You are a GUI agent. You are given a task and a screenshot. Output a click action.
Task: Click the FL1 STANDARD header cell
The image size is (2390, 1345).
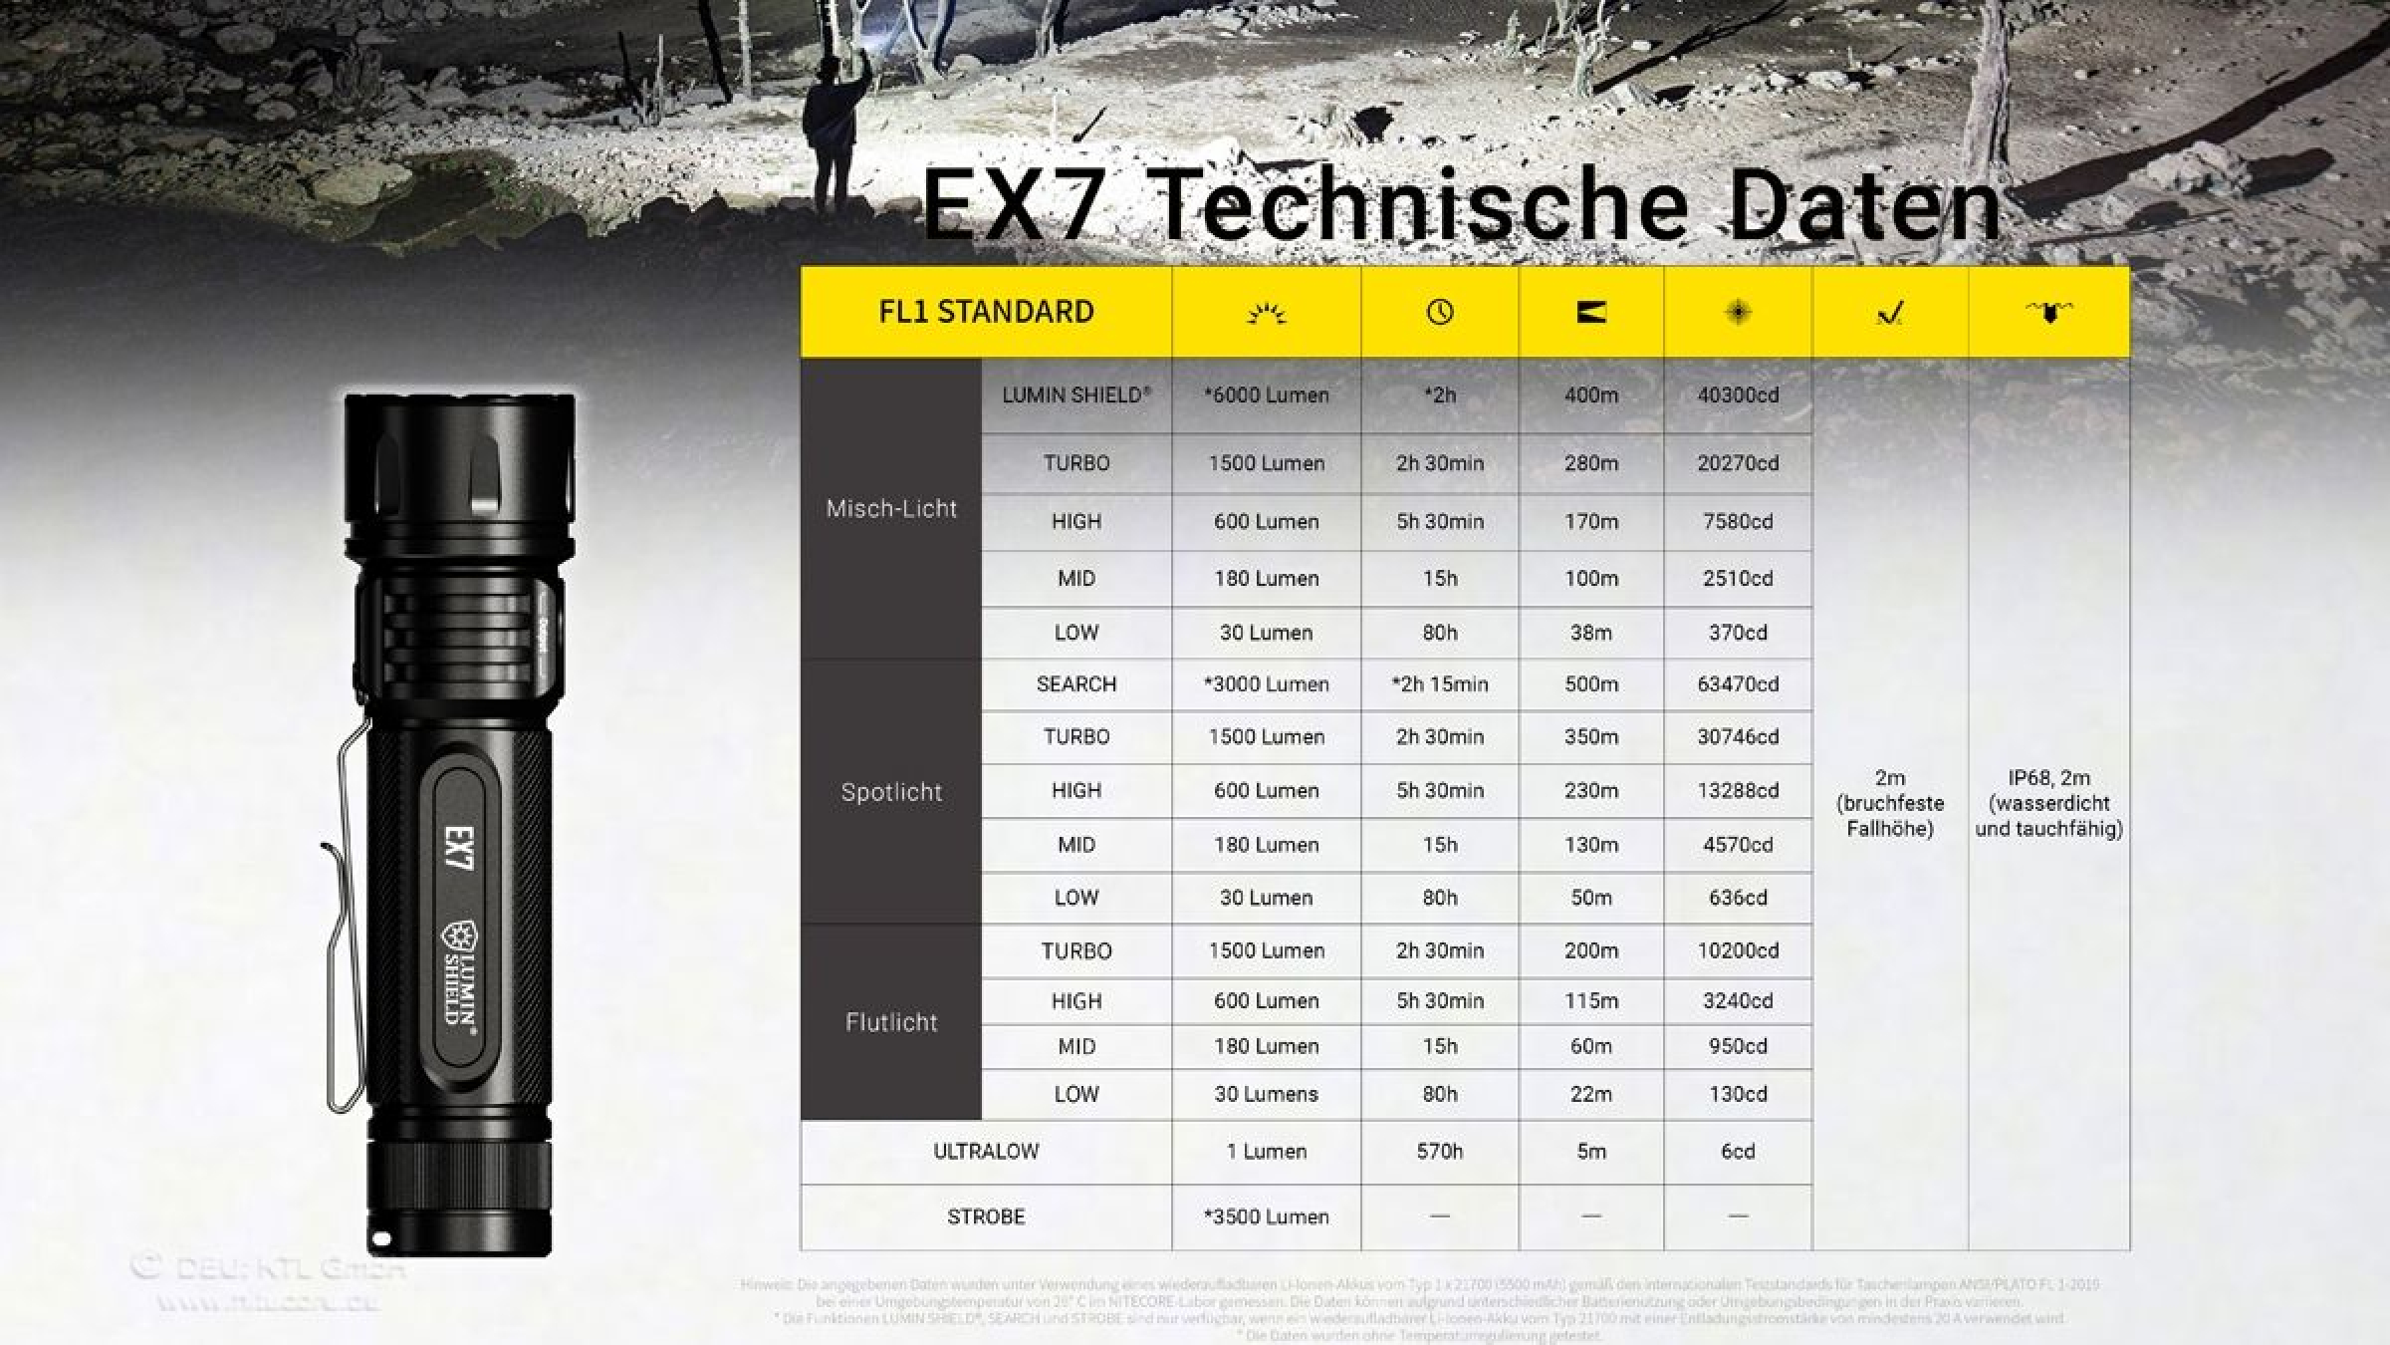coord(986,312)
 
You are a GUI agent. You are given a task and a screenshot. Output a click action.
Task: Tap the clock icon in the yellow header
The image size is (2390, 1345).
coord(1440,313)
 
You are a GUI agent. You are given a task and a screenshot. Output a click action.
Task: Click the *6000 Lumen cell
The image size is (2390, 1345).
coord(1266,396)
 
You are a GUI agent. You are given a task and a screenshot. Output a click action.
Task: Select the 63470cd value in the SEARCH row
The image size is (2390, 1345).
coord(1738,684)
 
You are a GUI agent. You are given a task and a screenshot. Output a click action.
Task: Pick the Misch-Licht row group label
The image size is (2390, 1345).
coord(891,509)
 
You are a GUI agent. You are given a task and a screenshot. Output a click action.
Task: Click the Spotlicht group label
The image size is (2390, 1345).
coord(891,792)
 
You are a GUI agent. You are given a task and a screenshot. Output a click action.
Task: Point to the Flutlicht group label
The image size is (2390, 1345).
coord(891,1022)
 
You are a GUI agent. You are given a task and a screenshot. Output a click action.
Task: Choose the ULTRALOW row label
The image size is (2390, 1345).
coord(986,1152)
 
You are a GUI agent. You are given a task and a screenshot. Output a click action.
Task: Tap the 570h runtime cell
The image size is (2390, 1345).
coord(1440,1152)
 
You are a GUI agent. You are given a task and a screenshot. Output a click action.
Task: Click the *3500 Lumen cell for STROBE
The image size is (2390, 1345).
coord(1266,1216)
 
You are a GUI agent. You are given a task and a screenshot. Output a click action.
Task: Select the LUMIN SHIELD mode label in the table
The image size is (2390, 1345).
coord(1075,396)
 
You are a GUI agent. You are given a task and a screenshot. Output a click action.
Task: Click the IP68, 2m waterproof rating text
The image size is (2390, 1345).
coord(2048,803)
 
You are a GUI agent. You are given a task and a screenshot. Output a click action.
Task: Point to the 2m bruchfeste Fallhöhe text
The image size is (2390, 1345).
coord(1889,803)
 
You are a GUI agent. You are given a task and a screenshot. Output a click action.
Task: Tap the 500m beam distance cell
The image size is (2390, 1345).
coord(1590,684)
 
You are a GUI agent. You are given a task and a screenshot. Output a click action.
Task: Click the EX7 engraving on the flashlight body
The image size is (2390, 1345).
coord(460,848)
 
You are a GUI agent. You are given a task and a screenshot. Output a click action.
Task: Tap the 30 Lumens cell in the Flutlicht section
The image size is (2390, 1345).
coord(1266,1094)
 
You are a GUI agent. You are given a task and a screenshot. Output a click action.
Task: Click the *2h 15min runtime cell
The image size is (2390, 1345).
coord(1440,684)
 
